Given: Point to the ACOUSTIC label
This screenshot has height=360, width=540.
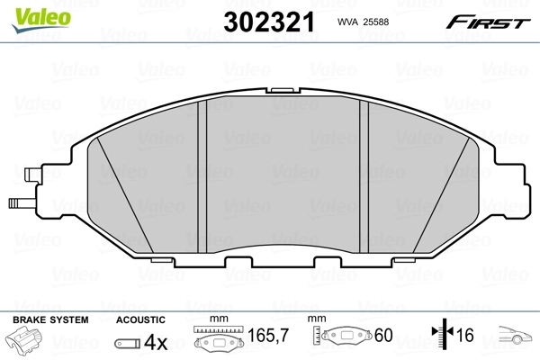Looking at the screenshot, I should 140,319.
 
